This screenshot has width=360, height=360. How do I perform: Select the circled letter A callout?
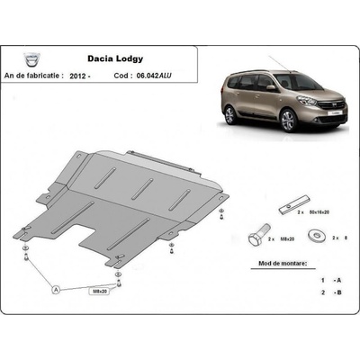tap(57, 290)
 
